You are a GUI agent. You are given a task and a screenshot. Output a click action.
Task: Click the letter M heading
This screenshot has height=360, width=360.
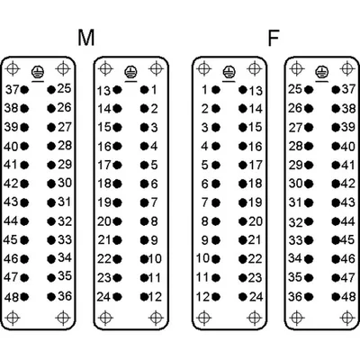click(x=86, y=38)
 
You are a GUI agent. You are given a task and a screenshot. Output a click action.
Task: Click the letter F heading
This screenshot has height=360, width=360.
click(x=274, y=38)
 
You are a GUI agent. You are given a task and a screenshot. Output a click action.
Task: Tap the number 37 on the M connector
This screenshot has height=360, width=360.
click(x=13, y=89)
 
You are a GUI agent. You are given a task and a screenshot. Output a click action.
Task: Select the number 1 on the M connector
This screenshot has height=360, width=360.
click(x=154, y=89)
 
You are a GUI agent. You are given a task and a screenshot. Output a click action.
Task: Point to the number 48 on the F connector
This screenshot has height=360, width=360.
click(x=348, y=297)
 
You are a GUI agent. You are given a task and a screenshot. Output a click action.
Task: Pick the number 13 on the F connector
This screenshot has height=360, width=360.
click(x=256, y=91)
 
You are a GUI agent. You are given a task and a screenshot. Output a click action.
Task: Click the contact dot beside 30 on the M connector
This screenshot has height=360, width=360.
click(x=51, y=184)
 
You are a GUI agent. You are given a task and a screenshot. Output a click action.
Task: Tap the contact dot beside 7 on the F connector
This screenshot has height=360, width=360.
click(x=216, y=202)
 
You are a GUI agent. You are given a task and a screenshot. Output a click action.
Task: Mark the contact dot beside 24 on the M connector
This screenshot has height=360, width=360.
click(x=117, y=297)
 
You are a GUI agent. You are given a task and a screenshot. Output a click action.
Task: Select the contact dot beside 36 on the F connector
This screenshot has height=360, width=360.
click(x=309, y=297)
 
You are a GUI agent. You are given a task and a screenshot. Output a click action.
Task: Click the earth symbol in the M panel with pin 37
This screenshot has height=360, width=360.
click(x=38, y=73)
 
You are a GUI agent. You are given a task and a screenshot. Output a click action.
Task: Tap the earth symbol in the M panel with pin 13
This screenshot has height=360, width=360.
click(x=130, y=73)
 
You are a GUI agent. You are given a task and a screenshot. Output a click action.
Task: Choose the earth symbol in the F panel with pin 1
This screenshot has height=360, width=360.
click(x=229, y=73)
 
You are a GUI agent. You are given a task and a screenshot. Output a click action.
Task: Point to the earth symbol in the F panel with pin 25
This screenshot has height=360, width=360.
click(x=322, y=73)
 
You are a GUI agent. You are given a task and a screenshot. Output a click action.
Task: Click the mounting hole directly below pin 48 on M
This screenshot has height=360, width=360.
click(x=13, y=318)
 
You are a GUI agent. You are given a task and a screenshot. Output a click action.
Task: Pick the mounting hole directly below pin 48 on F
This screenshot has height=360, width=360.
click(x=347, y=318)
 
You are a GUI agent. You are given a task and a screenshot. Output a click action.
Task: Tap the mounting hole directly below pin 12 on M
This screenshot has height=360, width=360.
click(x=156, y=318)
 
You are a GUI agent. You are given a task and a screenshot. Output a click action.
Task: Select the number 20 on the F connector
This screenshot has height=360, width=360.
click(x=256, y=221)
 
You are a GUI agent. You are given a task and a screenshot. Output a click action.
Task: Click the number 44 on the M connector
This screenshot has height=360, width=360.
click(x=11, y=220)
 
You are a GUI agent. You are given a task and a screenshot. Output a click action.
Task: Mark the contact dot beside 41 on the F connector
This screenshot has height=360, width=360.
click(x=336, y=165)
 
